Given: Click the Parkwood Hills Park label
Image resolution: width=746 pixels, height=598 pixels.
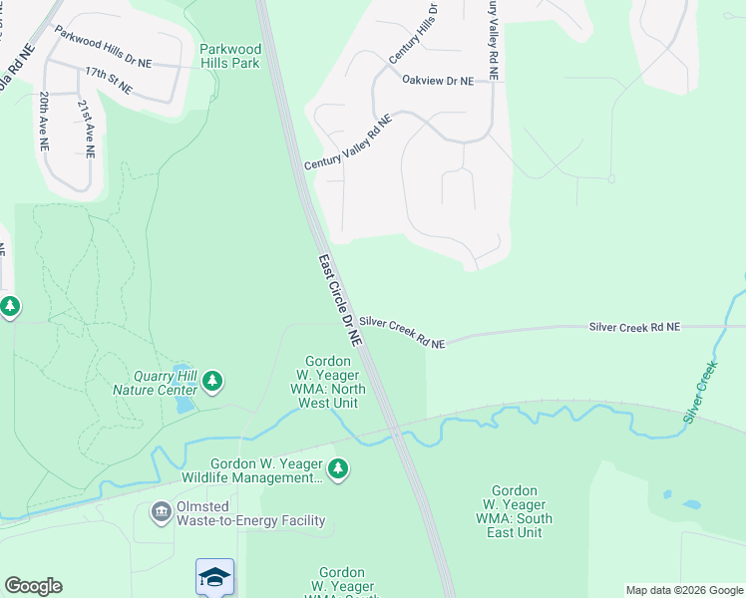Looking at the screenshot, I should [x=229, y=56].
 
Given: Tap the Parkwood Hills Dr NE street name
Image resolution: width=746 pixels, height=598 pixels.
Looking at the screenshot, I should [x=104, y=47].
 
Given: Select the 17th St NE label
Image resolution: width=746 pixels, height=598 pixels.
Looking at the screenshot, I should [x=109, y=80].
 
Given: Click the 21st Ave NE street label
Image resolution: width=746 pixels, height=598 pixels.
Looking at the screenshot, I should [x=88, y=129].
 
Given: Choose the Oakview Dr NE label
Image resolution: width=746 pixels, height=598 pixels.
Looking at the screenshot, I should [x=437, y=81].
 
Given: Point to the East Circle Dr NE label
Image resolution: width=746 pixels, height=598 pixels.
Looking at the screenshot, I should [x=339, y=300].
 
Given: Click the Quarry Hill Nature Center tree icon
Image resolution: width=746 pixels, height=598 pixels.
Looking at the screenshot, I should [x=211, y=381].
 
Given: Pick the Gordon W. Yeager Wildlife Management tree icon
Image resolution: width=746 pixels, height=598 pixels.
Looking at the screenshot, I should [x=338, y=468].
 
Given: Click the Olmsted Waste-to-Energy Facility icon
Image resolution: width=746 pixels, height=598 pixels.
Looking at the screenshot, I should [x=161, y=512].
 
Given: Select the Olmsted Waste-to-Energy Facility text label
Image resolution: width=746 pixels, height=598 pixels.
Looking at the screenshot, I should [x=250, y=520].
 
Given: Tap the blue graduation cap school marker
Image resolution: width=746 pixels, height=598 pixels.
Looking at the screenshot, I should [x=215, y=577].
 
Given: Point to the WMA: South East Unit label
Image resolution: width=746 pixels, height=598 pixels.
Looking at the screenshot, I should [x=516, y=511].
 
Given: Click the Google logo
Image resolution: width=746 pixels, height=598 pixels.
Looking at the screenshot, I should [x=33, y=586].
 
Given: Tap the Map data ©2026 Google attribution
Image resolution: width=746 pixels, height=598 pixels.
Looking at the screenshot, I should [x=684, y=590].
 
